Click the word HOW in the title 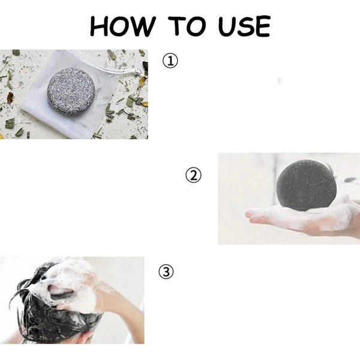[x=122, y=26]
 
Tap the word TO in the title [x=187, y=26]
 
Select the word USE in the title [x=244, y=26]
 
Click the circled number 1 [x=170, y=61]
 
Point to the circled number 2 [x=193, y=175]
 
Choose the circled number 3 [x=166, y=272]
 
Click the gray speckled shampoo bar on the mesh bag [x=71, y=91]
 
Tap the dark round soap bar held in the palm [x=307, y=185]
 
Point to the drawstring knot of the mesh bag [x=138, y=71]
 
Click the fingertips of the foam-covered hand [x=251, y=216]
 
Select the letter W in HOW [x=144, y=26]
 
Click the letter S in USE [x=244, y=26]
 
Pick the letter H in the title [x=98, y=26]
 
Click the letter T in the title [x=177, y=26]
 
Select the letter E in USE [x=263, y=26]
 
